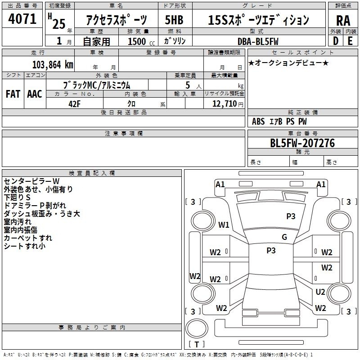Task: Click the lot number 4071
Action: (22, 19)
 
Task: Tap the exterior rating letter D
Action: (336, 41)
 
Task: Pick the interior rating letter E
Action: (350, 41)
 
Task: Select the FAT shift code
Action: (13, 94)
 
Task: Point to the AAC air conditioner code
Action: (34, 94)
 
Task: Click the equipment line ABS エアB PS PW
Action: (280, 121)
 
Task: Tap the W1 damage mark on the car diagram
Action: (224, 225)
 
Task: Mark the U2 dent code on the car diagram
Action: (320, 292)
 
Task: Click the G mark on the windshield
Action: (284, 237)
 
